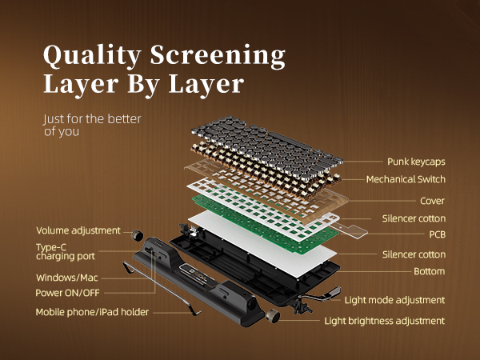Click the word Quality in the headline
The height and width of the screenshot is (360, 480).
coord(89,55)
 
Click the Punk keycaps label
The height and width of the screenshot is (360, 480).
coord(416,162)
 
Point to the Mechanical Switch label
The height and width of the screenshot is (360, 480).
coord(406,179)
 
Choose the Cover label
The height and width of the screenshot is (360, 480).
coord(432,201)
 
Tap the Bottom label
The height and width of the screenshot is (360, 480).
coord(430,272)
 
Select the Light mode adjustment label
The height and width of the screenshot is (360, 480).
coord(394,301)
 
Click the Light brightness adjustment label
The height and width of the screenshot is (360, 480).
coord(384,321)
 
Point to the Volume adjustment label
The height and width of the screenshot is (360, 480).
coord(78,230)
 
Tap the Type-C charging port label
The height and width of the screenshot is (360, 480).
coord(66,252)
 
